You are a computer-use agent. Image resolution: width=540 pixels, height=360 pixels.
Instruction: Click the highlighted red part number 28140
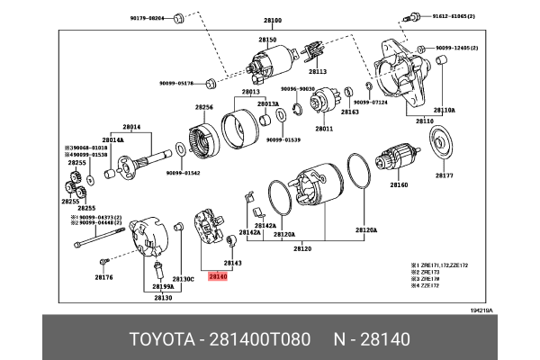point(219,278)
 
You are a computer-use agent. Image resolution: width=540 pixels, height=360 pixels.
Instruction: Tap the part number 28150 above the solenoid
point(268,40)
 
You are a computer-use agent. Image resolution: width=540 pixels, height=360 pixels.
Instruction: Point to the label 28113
point(319,71)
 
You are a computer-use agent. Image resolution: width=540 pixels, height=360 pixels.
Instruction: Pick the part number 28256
point(204,107)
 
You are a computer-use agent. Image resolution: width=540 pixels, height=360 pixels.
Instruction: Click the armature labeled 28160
point(399,158)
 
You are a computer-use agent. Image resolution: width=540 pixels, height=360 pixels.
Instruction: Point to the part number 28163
point(350,111)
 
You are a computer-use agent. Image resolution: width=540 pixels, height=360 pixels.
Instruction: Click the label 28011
point(323,128)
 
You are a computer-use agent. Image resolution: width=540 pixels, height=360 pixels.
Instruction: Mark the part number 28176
point(103,278)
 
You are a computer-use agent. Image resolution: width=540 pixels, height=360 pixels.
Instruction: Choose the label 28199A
point(162,286)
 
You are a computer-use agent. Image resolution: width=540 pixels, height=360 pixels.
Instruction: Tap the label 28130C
point(184,278)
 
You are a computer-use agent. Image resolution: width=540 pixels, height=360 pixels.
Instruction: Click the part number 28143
point(232,263)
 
